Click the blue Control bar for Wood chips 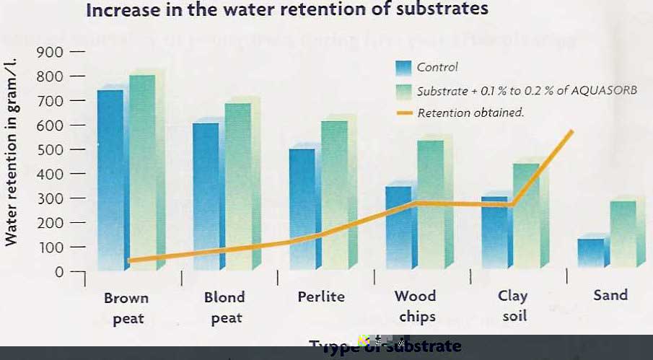[x=398, y=224]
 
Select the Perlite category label [x=321, y=297]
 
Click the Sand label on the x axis [x=610, y=294]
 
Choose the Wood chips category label [x=416, y=306]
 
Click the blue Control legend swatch [x=403, y=68]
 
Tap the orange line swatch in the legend [x=403, y=113]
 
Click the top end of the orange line [x=571, y=131]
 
